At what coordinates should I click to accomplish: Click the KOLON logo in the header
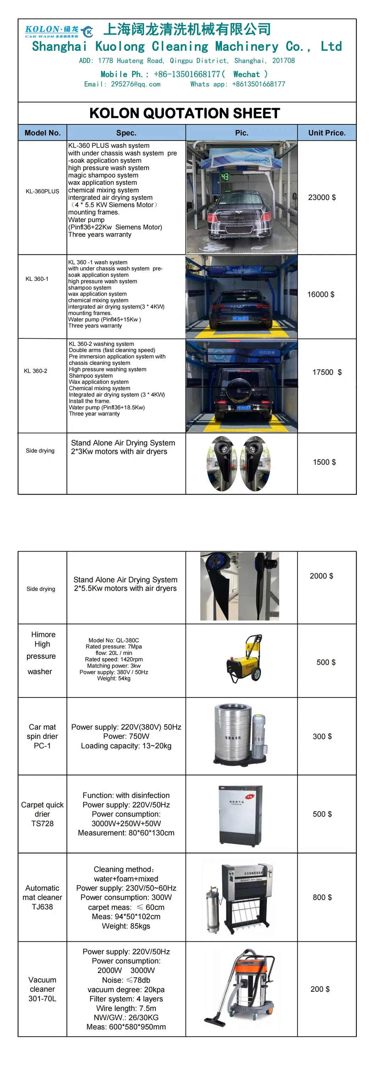pyautogui.click(x=58, y=31)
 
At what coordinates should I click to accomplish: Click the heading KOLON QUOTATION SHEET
pyautogui.click(x=184, y=113)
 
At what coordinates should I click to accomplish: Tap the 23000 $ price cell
pyautogui.click(x=322, y=197)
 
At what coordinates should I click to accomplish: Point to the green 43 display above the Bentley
pyautogui.click(x=225, y=177)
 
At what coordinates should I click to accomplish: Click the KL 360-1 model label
pyautogui.click(x=37, y=279)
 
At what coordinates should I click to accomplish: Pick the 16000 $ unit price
pyautogui.click(x=321, y=294)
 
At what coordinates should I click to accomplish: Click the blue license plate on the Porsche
pyautogui.click(x=240, y=318)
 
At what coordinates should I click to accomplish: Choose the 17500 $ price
pyautogui.click(x=327, y=372)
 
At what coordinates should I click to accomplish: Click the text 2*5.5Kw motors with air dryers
pyautogui.click(x=126, y=588)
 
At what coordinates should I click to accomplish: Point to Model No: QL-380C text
pyautogui.click(x=114, y=640)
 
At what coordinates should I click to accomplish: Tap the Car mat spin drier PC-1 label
pyautogui.click(x=42, y=736)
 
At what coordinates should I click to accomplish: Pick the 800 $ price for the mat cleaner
pyautogui.click(x=322, y=897)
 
